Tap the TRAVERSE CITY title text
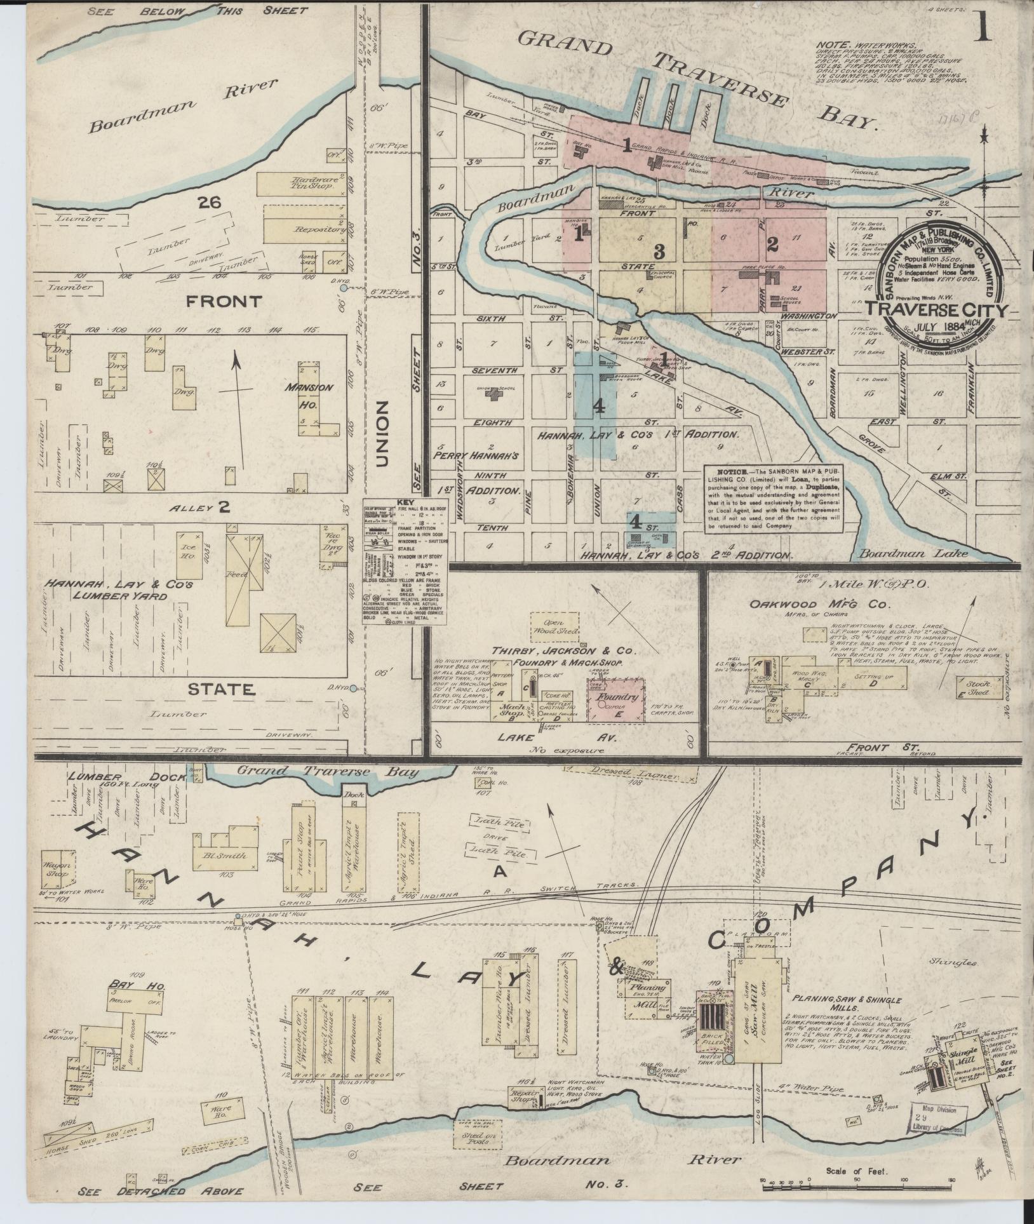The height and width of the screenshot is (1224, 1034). point(936,310)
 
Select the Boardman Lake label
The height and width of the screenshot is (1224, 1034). point(913,553)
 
